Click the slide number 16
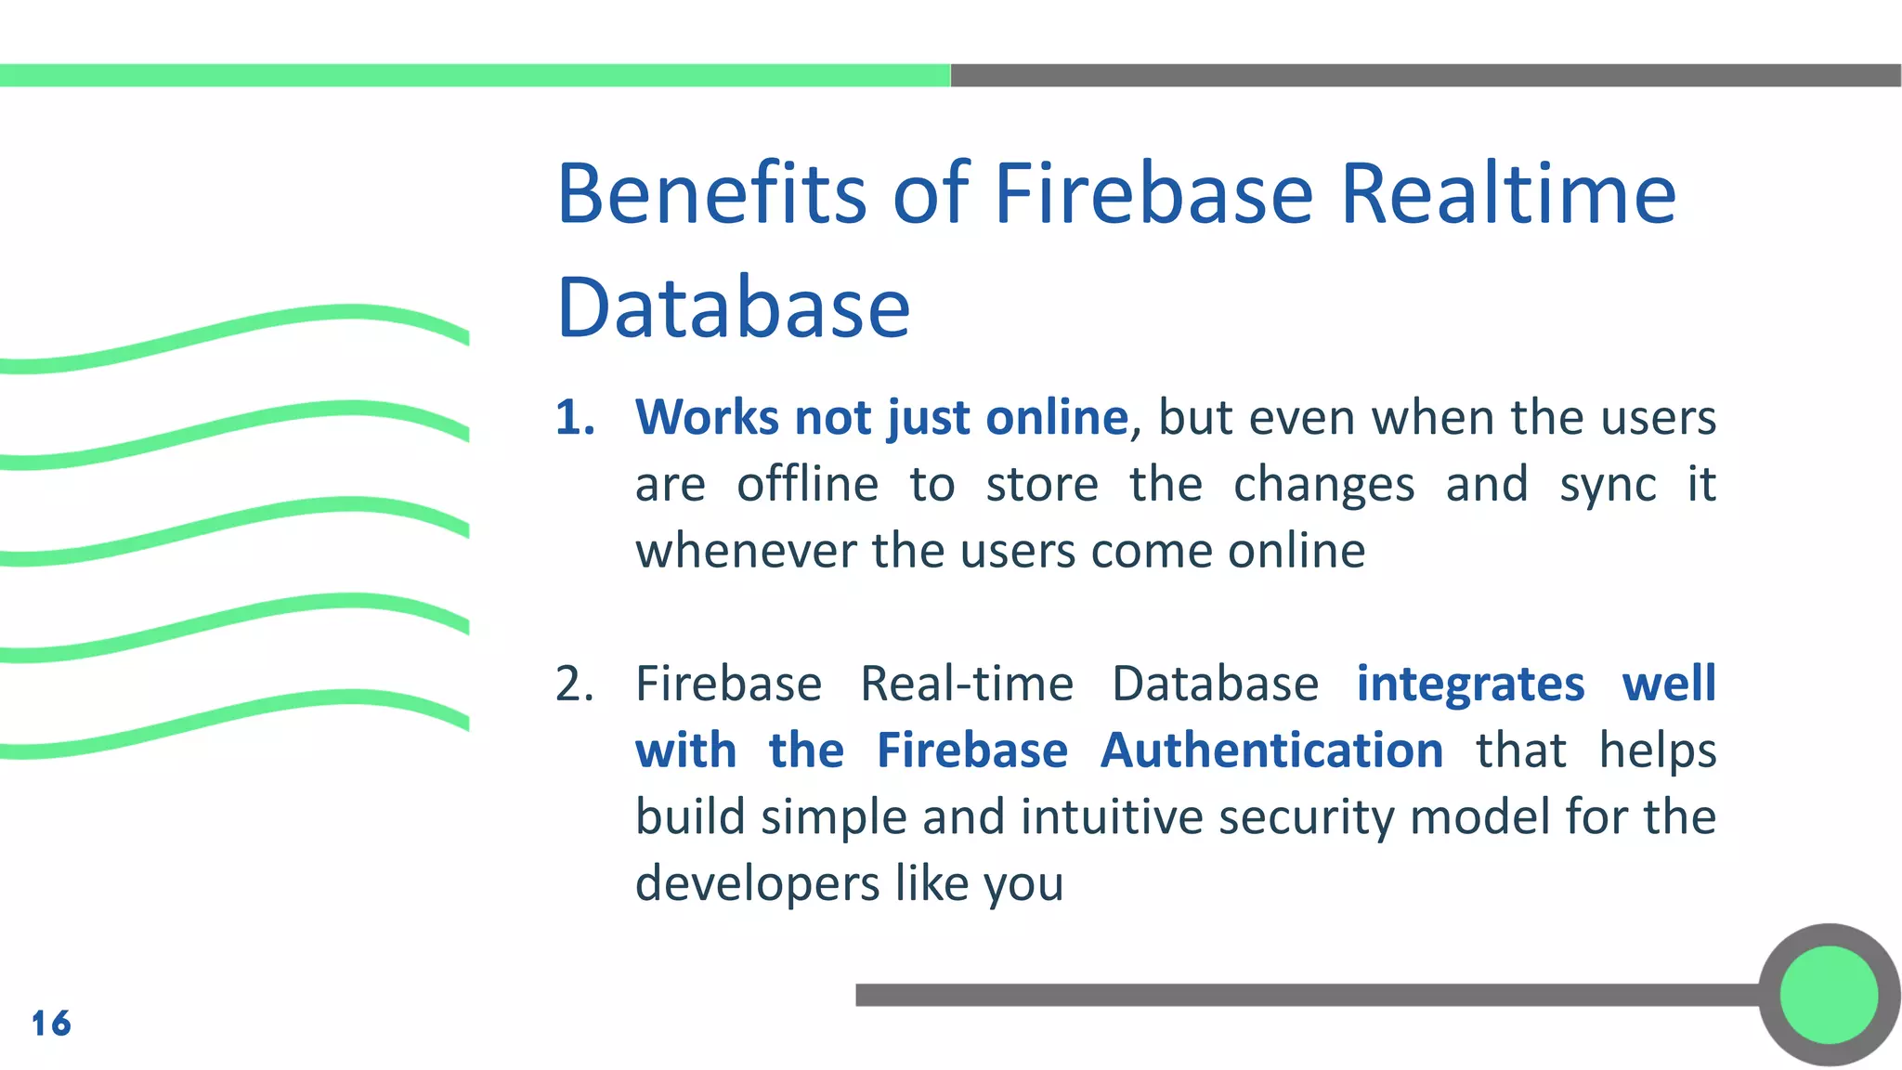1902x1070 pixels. (x=51, y=1024)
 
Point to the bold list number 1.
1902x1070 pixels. (x=574, y=417)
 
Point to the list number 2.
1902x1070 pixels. (x=574, y=685)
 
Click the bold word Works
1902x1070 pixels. (x=706, y=417)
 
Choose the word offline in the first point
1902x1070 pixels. (x=807, y=484)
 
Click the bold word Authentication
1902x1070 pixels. (x=1271, y=750)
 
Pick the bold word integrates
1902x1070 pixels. (x=1470, y=685)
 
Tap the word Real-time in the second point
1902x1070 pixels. (x=967, y=685)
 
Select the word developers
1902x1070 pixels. (x=756, y=883)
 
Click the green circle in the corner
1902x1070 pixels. (x=1829, y=995)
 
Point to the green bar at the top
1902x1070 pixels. (x=474, y=75)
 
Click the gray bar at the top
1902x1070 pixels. (x=1426, y=75)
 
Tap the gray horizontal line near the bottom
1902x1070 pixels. (x=1300, y=995)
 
